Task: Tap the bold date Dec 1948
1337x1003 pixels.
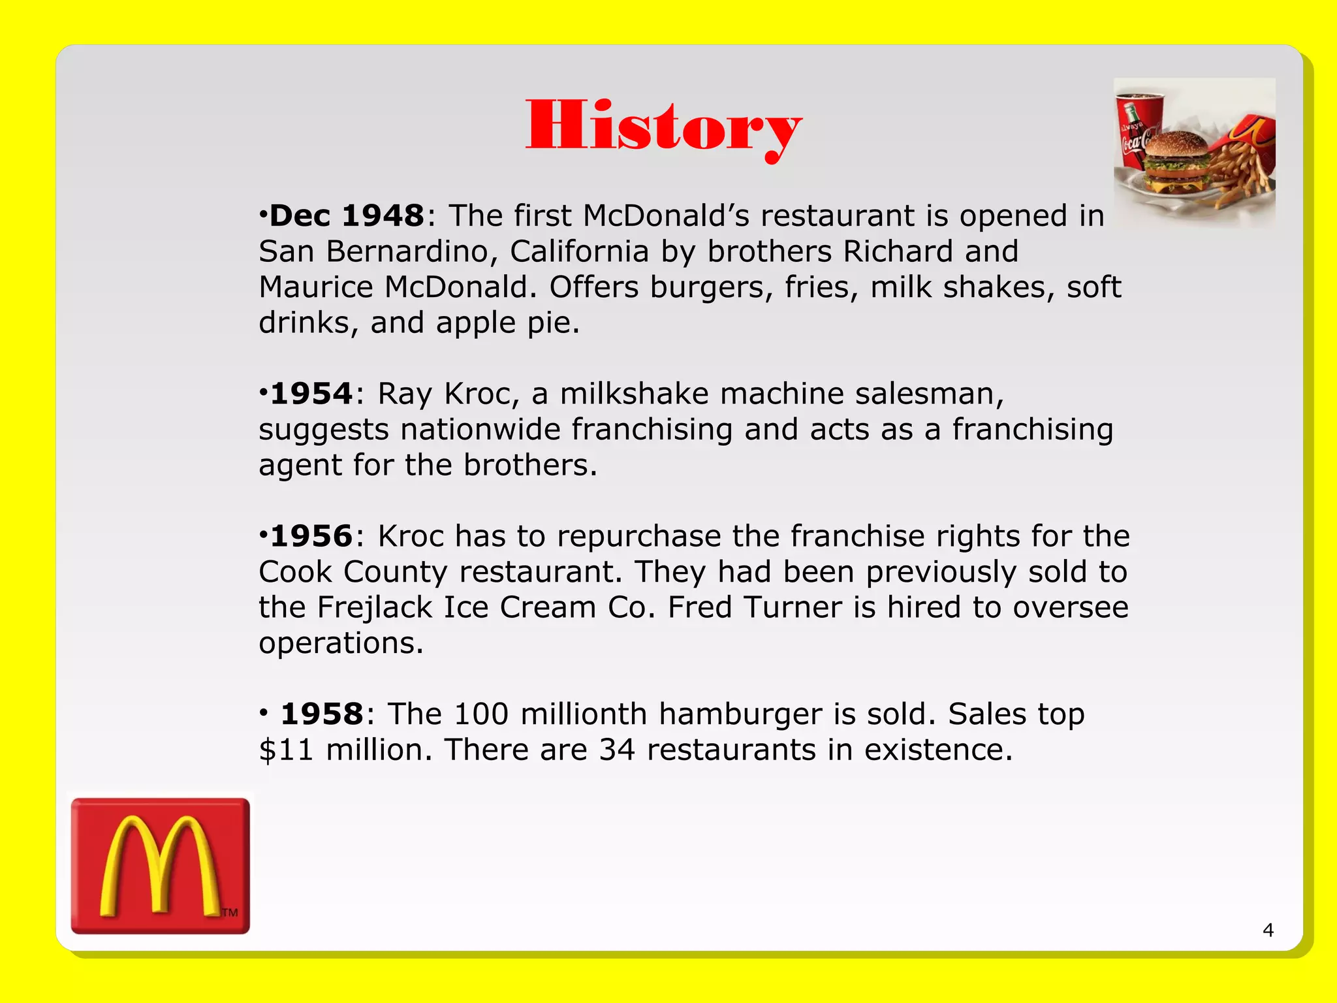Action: pos(347,216)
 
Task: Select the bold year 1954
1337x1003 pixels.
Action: pos(311,394)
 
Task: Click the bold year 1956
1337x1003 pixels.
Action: pos(311,536)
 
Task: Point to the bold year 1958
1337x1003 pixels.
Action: pos(322,714)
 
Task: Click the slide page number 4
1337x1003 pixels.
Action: pos(1268,930)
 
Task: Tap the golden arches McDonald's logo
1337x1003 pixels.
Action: pos(160,865)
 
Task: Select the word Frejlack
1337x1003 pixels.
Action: pos(375,608)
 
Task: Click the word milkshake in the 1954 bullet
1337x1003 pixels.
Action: pos(634,394)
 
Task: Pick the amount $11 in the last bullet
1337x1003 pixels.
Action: pos(286,750)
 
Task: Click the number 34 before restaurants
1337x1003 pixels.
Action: pos(617,750)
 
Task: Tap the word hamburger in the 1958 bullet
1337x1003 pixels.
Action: pos(740,714)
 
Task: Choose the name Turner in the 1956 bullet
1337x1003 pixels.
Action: pos(793,608)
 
